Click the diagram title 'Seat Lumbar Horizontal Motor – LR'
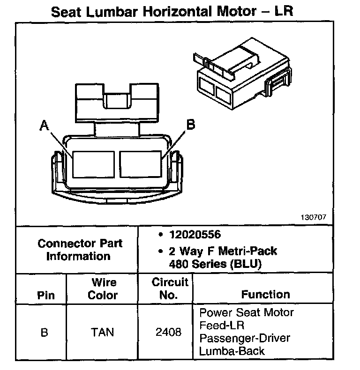pyautogui.click(x=172, y=11)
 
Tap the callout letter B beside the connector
pyautogui.click(x=191, y=125)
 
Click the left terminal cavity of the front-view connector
pyautogui.click(x=93, y=163)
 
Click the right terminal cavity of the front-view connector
pyautogui.click(x=140, y=163)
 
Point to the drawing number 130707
pyautogui.click(x=314, y=218)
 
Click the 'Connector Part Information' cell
pyautogui.click(x=80, y=250)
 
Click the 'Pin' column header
pyautogui.click(x=45, y=296)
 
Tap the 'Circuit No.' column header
pyautogui.click(x=170, y=289)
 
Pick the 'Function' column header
pyautogui.click(x=265, y=295)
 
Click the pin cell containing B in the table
pyautogui.click(x=45, y=333)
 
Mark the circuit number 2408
pyautogui.click(x=168, y=333)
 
